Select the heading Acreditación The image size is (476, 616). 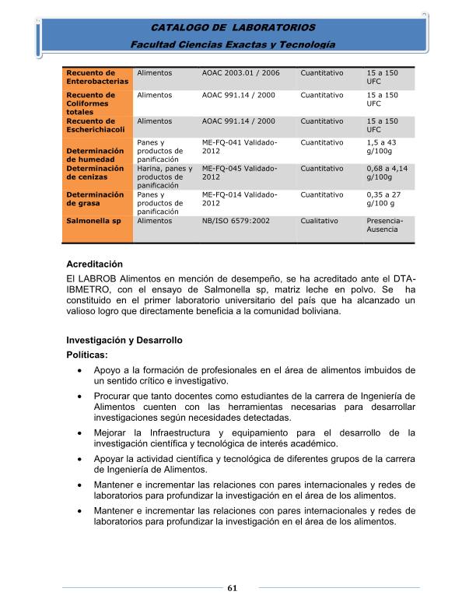pyautogui.click(x=95, y=264)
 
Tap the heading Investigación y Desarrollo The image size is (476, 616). pyautogui.click(x=124, y=340)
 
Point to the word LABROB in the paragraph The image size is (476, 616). pyautogui.click(x=103, y=280)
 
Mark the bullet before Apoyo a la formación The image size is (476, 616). pyautogui.click(x=79, y=370)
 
